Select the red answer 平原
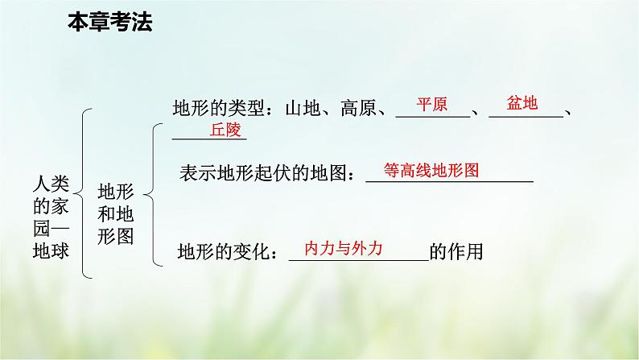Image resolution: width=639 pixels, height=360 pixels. tap(431, 105)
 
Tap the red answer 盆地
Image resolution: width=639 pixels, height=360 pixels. tap(522, 103)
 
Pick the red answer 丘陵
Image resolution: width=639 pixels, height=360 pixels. tap(226, 129)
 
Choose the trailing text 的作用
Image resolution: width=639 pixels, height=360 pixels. tap(456, 253)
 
